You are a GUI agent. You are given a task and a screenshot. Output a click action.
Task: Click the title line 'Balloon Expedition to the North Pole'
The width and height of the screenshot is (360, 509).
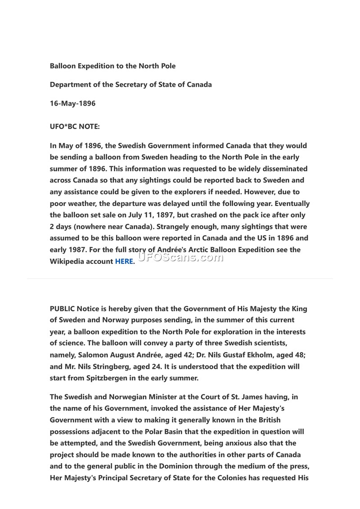[112, 66]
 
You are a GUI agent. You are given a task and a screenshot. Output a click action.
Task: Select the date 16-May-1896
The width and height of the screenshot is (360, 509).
[72, 103]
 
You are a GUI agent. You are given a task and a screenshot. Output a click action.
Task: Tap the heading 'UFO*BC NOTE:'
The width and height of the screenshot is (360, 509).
[75, 127]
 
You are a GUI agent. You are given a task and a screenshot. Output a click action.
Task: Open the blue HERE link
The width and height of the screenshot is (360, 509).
[124, 261]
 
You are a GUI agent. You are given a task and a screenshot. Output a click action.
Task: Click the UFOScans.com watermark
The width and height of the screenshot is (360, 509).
[180, 257]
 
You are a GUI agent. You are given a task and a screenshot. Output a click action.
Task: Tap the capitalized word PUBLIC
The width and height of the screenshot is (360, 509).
[63, 309]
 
